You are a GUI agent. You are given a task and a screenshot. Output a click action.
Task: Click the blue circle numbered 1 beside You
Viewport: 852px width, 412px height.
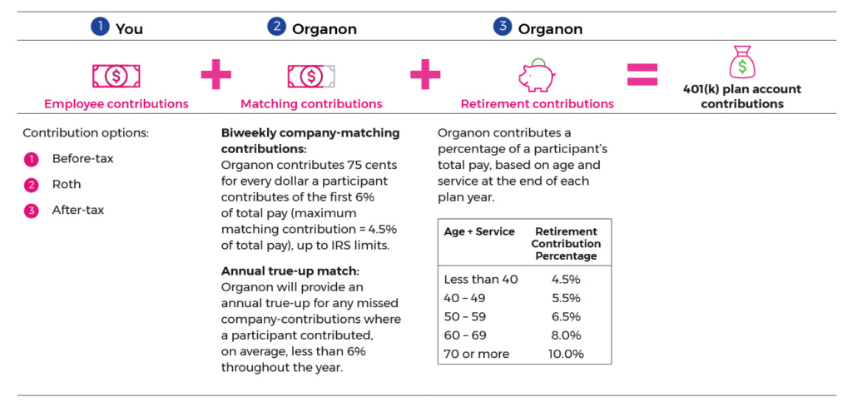click(100, 27)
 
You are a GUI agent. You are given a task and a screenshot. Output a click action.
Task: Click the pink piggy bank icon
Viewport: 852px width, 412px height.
click(536, 75)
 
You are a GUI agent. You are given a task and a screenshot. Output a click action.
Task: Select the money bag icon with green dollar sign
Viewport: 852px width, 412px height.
click(742, 62)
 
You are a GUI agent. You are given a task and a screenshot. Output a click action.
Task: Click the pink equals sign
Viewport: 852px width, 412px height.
click(641, 75)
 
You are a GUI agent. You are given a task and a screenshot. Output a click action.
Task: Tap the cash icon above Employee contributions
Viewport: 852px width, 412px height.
click(116, 76)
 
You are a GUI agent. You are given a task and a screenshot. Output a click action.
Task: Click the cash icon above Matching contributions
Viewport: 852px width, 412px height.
click(311, 76)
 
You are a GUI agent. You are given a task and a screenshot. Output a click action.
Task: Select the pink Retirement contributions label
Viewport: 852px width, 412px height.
click(537, 104)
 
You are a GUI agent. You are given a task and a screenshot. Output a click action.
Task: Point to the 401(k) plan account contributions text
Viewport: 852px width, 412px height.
click(742, 97)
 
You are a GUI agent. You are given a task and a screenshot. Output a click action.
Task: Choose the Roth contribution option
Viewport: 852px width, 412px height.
click(67, 184)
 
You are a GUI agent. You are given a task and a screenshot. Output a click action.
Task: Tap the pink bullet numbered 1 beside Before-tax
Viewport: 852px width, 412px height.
click(31, 158)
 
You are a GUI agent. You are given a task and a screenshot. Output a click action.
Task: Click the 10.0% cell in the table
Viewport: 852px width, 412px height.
click(566, 354)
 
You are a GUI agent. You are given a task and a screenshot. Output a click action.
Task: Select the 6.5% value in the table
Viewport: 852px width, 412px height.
click(566, 316)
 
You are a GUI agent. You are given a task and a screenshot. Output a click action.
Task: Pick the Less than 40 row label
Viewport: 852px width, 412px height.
click(481, 280)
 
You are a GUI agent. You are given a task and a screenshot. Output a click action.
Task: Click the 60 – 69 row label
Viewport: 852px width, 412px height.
click(465, 335)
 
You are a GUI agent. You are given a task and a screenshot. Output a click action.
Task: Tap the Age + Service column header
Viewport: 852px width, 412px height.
click(479, 231)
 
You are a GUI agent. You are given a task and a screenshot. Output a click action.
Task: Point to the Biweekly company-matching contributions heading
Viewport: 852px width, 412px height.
click(310, 140)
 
